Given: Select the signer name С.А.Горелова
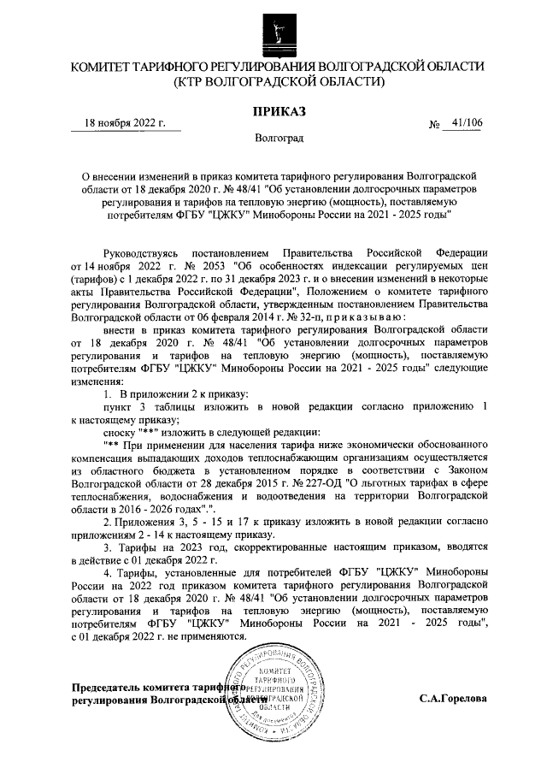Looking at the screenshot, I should [453, 698].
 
